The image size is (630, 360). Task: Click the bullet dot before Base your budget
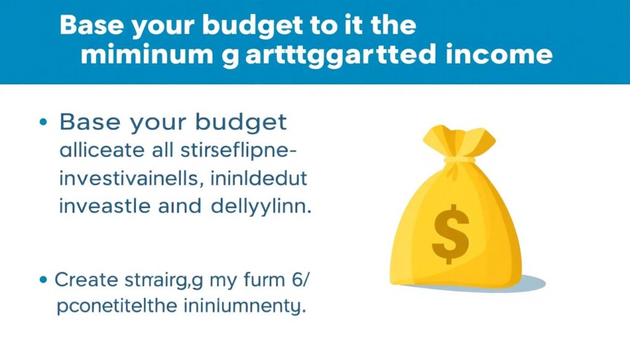pyautogui.click(x=43, y=122)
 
